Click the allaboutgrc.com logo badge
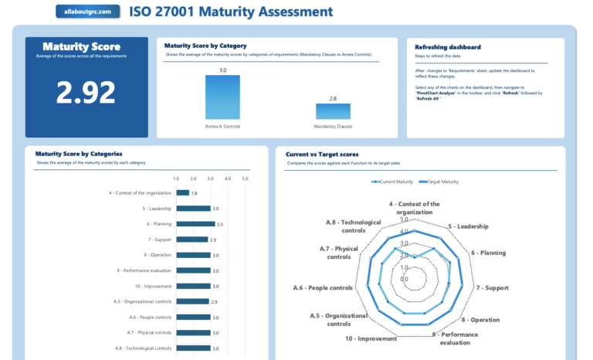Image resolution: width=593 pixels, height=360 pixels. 89,12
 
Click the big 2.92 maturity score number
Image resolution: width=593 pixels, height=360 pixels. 86,92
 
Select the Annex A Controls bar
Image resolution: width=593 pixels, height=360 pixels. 222,97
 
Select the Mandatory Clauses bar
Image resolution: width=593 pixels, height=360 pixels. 333,110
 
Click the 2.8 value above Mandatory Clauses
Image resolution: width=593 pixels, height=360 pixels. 333,99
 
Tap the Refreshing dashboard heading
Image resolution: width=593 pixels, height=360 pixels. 447,47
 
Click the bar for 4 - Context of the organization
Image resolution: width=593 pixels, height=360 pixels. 182,192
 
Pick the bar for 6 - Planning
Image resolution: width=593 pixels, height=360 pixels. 195,224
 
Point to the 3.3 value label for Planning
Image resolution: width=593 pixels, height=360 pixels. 220,224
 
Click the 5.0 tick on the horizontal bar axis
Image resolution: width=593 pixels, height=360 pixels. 245,179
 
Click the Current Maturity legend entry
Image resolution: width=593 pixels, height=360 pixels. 392,182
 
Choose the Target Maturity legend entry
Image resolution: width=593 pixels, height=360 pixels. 439,182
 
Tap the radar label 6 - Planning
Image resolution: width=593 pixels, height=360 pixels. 488,253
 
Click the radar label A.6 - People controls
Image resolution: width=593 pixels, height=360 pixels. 323,287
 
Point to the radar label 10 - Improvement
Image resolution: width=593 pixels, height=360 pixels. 371,338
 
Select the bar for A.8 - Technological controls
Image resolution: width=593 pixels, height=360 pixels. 193,348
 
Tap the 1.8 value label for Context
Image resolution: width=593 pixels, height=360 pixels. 195,193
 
